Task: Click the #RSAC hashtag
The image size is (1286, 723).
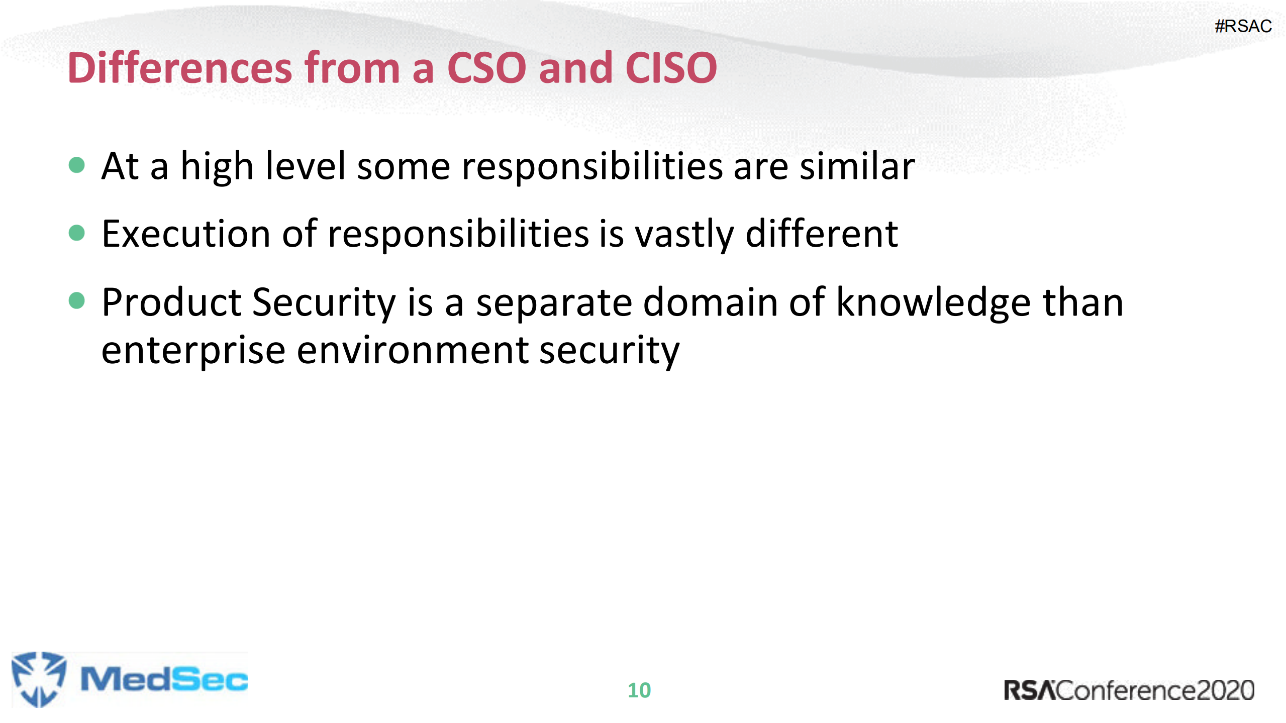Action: click(x=1243, y=26)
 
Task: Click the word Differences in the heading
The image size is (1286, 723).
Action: click(x=179, y=68)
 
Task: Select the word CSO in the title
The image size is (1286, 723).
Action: click(x=486, y=68)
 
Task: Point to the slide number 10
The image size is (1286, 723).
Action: click(x=639, y=690)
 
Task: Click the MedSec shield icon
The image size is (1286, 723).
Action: click(x=38, y=679)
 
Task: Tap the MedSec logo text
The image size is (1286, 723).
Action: click(x=164, y=679)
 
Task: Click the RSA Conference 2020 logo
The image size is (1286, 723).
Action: click(x=1129, y=690)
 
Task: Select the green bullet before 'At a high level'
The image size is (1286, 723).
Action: click(x=76, y=165)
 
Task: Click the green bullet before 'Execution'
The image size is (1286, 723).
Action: click(x=76, y=233)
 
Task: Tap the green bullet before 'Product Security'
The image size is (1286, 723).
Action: click(x=76, y=300)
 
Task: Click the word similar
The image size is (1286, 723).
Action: click(x=857, y=166)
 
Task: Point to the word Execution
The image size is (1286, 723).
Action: click(x=186, y=234)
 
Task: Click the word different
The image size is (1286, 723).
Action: click(x=822, y=234)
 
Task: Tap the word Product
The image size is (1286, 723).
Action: click(x=172, y=302)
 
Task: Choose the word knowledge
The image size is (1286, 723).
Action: click(x=933, y=303)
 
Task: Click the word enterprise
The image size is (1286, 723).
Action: click(x=193, y=351)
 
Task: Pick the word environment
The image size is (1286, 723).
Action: click(x=412, y=351)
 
